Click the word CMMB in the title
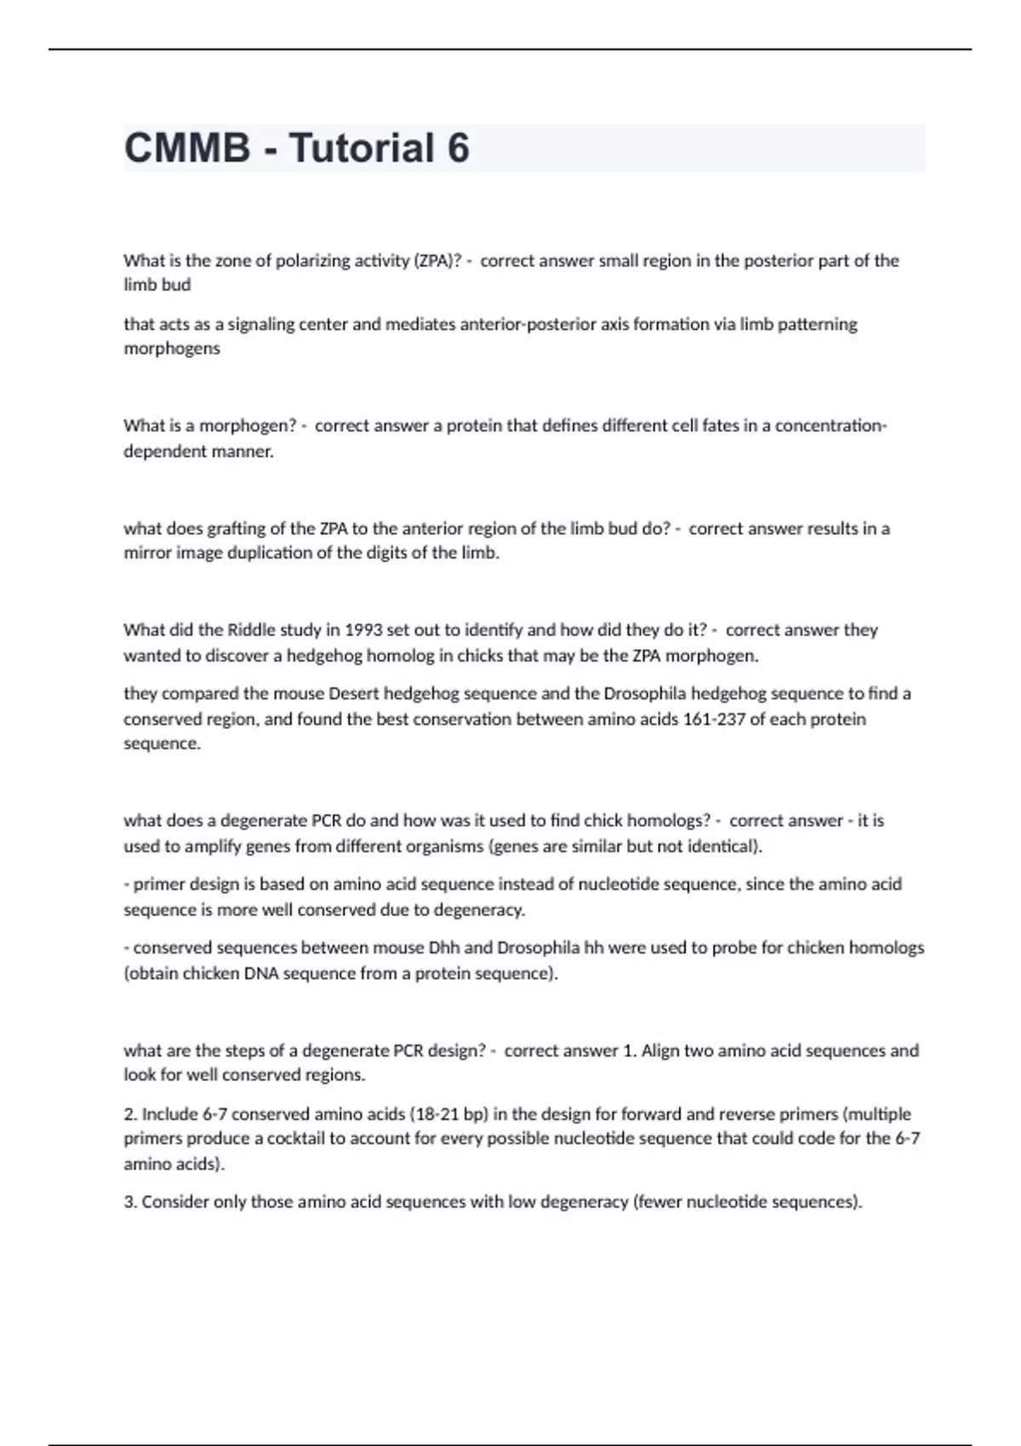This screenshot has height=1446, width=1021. tap(187, 148)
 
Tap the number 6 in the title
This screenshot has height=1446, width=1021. tap(458, 148)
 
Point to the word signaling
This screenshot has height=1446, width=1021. tap(254, 324)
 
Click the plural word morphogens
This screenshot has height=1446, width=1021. tap(172, 349)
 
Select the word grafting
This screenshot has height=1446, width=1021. tap(240, 528)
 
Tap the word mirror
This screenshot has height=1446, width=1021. tap(147, 553)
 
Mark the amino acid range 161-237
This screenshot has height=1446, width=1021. tap(716, 720)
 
